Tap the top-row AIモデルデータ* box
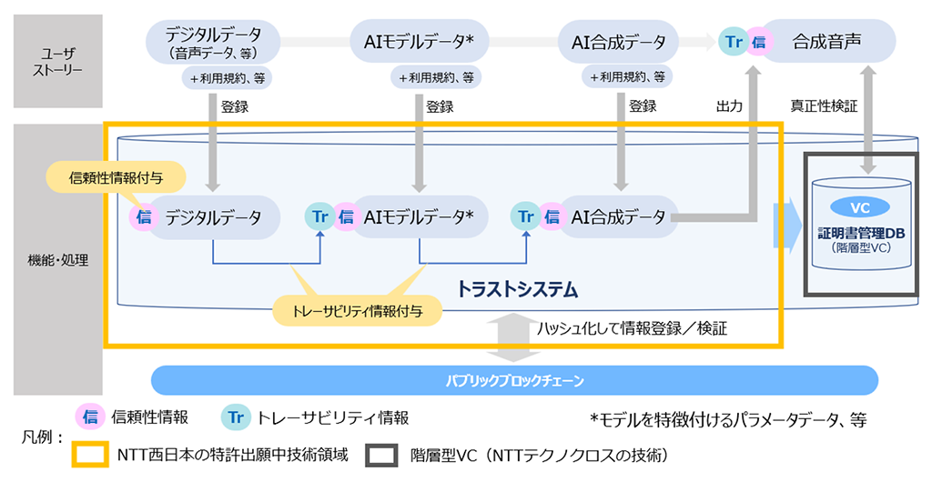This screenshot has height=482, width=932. coord(420,42)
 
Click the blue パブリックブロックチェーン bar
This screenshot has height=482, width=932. coord(514,379)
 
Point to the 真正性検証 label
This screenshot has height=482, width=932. coord(825,106)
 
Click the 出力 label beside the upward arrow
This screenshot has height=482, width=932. coord(729,106)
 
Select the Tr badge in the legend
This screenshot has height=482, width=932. coord(236,417)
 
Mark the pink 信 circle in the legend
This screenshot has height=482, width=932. coord(90,417)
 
